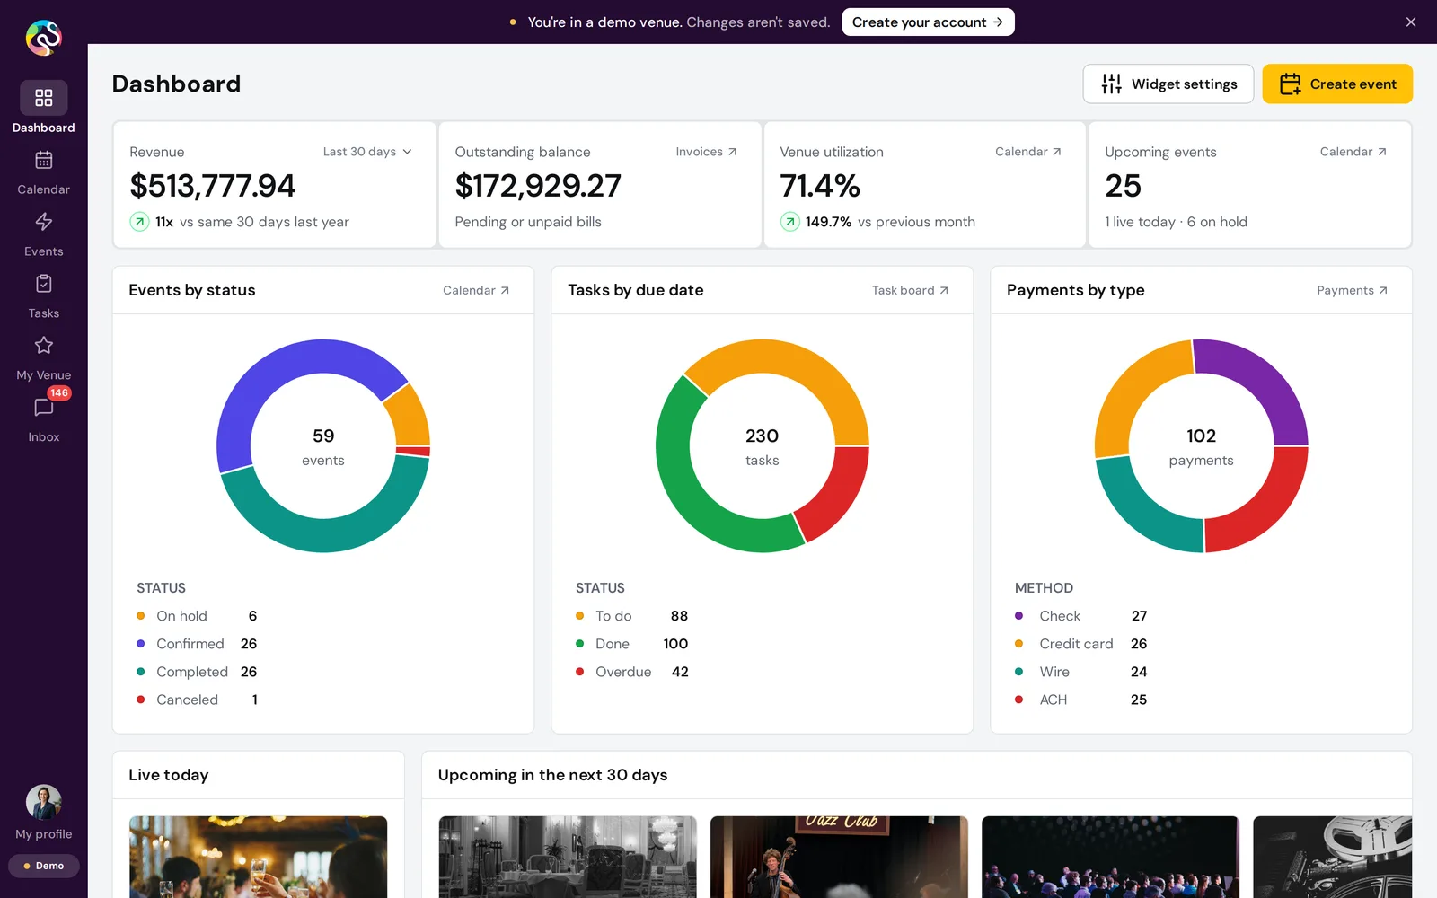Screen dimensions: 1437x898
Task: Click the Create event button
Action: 1337,84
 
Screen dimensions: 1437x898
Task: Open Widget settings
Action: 1168,84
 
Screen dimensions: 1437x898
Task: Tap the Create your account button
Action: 928,22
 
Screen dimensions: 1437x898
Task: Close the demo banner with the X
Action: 1411,22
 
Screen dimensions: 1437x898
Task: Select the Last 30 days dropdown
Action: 367,152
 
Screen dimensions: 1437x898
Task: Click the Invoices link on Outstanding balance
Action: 706,152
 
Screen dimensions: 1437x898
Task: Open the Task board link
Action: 910,290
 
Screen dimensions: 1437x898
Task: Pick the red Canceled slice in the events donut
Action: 413,452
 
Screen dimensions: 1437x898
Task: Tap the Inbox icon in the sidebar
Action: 44,408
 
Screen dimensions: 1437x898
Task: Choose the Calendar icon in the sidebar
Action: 44,160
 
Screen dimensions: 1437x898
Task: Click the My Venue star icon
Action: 44,345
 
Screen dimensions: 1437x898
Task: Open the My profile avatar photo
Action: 44,803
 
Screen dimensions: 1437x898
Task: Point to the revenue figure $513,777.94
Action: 212,185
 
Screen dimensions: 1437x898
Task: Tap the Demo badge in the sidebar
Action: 44,866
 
